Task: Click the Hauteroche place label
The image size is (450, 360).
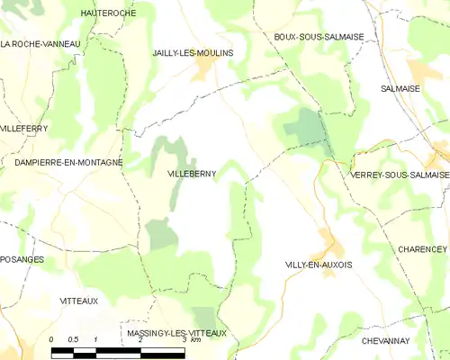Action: tap(107, 13)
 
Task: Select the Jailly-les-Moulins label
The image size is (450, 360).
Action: tap(193, 53)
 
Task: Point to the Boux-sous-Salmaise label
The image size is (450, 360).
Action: tap(319, 36)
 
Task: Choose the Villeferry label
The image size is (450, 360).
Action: tap(23, 129)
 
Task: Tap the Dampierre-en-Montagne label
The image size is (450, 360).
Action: tap(67, 161)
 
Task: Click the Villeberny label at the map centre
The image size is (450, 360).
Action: tap(192, 174)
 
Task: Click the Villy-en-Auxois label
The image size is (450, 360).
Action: tap(318, 265)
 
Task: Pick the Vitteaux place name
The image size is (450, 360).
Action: tap(78, 300)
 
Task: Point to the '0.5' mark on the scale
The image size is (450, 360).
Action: tap(74, 339)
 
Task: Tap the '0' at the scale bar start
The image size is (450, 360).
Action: tap(52, 339)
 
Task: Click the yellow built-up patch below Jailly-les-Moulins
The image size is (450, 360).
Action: tap(206, 67)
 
